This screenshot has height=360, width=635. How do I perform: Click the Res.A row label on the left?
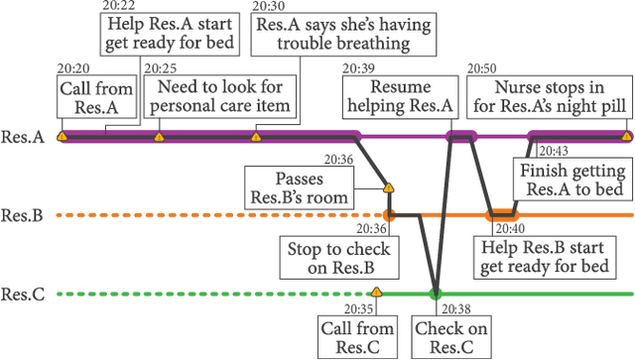click(23, 138)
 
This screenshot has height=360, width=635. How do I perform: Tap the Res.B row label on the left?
click(23, 215)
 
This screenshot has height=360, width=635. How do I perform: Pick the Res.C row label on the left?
click(23, 294)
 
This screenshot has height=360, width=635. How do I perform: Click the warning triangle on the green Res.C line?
click(375, 292)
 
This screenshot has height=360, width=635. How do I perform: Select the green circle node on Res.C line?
click(435, 294)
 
